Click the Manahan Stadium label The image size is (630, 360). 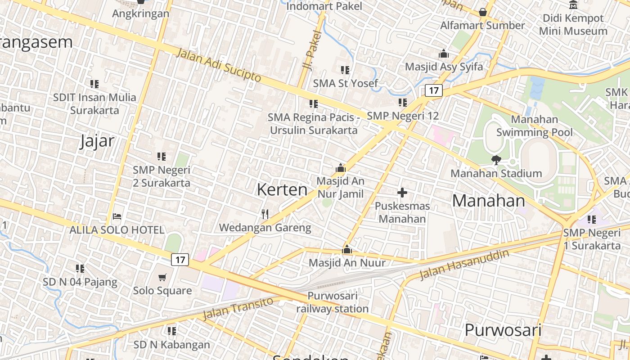pos(496,173)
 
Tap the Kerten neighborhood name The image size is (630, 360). pos(282,189)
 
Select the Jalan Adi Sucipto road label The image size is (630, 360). pos(219,65)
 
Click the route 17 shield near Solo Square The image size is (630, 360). pos(180,260)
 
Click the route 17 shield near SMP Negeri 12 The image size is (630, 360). pos(434,90)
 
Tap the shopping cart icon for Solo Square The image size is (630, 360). pos(162,278)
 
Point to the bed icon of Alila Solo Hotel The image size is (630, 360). pos(117,216)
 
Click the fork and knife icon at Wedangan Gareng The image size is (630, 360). pos(265,214)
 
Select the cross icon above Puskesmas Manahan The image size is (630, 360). pos(402,193)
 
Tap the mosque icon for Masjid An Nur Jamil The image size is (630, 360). pos(341,168)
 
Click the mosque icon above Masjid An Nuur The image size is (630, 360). pos(347,249)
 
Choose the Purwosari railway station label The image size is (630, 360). pos(333,302)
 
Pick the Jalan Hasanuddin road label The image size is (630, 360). pos(464,264)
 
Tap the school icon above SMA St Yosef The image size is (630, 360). pos(345,70)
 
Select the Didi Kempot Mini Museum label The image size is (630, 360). pos(573,25)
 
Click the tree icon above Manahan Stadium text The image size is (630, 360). pos(496,160)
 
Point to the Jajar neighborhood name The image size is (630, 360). pos(97,141)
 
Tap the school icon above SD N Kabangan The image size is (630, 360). pos(171,331)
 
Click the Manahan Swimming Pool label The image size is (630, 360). pos(535,126)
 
